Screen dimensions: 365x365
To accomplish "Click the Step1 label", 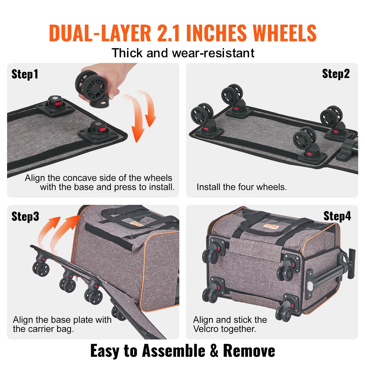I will point(25,74).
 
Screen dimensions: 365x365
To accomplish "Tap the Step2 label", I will point(336,74).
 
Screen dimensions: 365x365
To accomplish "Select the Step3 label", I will point(25,216).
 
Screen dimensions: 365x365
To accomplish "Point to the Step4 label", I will point(337,216).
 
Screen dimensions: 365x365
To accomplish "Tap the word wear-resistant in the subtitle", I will point(213,53).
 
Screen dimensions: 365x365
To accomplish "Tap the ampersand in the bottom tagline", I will point(214,351).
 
